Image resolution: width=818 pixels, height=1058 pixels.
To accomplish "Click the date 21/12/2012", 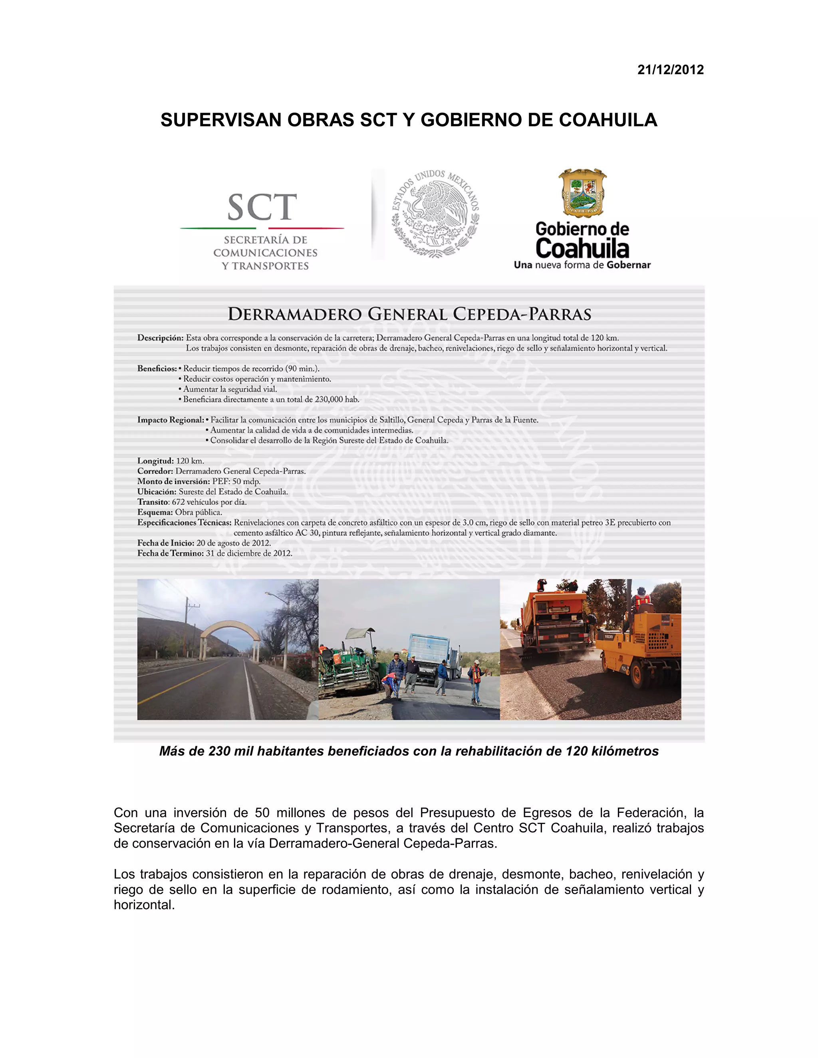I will coord(670,70).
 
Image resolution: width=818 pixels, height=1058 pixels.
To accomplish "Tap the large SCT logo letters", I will coord(262,207).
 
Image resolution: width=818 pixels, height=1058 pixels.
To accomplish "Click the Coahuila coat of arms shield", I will coord(582,192).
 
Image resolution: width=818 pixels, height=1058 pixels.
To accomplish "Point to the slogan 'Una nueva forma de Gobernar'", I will coord(582,265).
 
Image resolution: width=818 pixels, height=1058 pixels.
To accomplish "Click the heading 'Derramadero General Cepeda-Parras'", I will coord(409,314).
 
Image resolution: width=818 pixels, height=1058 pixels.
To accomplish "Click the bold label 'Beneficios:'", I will coord(157,369).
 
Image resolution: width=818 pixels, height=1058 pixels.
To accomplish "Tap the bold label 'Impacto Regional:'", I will coord(171,420).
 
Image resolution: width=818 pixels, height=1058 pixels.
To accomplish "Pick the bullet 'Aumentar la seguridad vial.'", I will coord(230,389).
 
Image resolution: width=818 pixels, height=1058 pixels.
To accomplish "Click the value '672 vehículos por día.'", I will coord(209,502).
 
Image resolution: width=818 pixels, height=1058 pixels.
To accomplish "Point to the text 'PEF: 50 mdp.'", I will coord(236,481).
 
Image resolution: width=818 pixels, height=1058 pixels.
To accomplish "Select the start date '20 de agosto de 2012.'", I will coord(234,543).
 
